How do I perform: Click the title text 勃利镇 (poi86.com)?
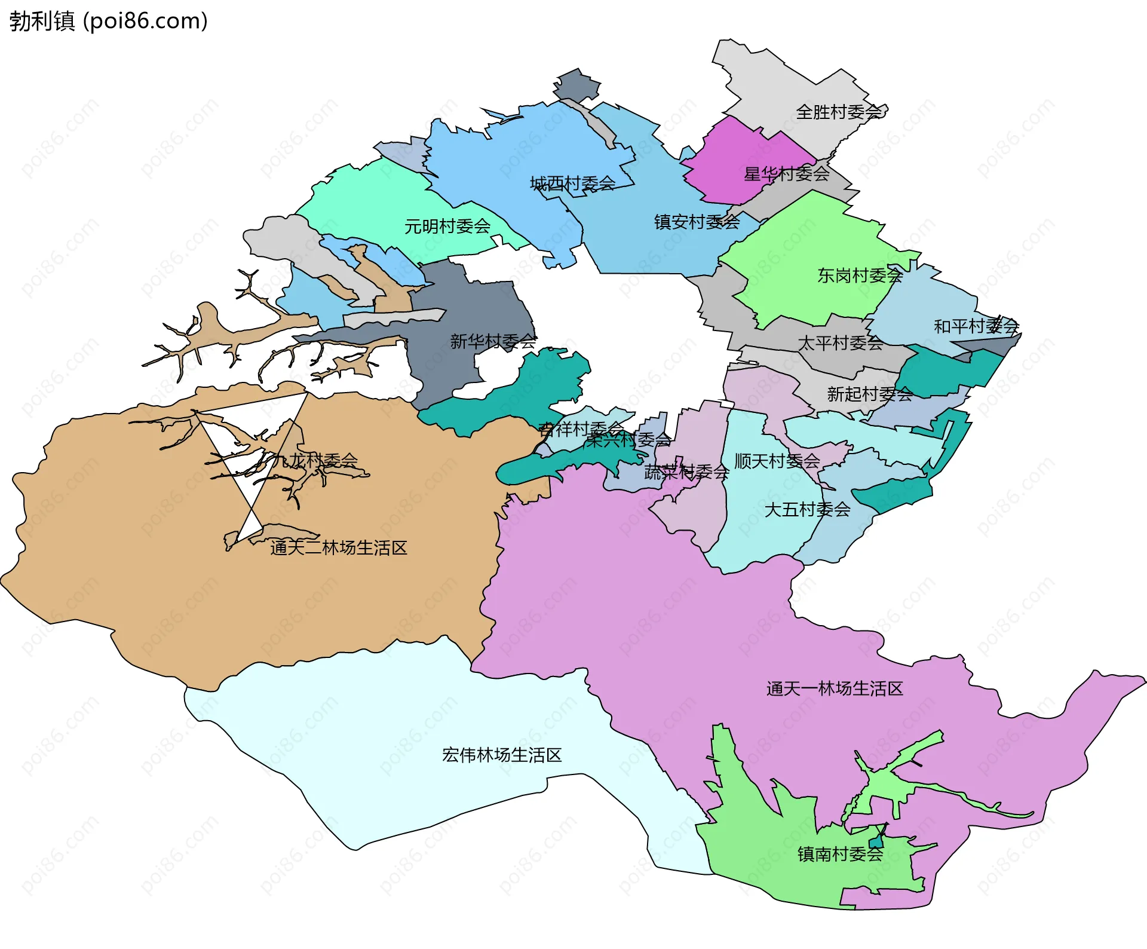[108, 21]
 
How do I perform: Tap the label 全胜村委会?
[839, 112]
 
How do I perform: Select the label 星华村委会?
[786, 174]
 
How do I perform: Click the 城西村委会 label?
[572, 183]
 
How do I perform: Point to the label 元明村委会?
[447, 226]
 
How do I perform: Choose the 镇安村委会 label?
[697, 222]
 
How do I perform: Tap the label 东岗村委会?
[860, 275]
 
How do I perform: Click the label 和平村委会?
[976, 326]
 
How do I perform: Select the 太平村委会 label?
[840, 343]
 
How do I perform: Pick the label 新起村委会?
[869, 394]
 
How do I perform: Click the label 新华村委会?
[493, 342]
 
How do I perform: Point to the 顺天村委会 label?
[777, 461]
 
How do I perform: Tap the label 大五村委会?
[807, 510]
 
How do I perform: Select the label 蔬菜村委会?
[686, 473]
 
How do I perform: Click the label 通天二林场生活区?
[338, 548]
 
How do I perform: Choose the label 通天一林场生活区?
[834, 689]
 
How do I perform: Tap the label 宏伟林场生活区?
[502, 755]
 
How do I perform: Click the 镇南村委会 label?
[840, 855]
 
